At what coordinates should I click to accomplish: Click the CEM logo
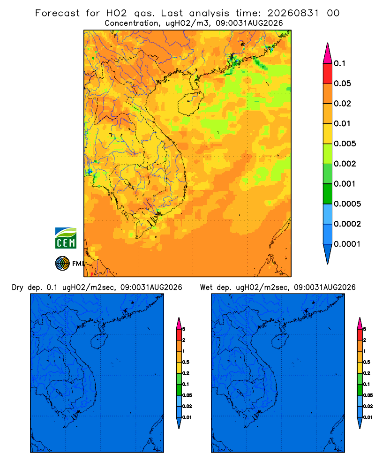[66, 238]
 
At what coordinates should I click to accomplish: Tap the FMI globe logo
[62, 264]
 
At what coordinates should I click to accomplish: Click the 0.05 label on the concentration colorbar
[342, 83]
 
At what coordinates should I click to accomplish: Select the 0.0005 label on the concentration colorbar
[347, 204]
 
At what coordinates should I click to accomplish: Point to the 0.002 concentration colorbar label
[345, 164]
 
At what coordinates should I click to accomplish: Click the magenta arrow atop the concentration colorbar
[328, 53]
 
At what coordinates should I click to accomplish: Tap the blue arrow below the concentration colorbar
[328, 254]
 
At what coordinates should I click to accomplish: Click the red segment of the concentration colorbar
[328, 74]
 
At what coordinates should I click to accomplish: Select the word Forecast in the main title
[57, 13]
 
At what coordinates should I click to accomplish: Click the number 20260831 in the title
[293, 13]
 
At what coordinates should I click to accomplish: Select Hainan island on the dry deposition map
[99, 341]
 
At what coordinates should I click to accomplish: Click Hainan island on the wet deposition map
[280, 341]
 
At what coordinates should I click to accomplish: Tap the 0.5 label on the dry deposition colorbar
[186, 362]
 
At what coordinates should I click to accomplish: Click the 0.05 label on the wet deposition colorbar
[368, 395]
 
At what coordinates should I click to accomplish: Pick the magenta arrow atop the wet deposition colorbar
[360, 323]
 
